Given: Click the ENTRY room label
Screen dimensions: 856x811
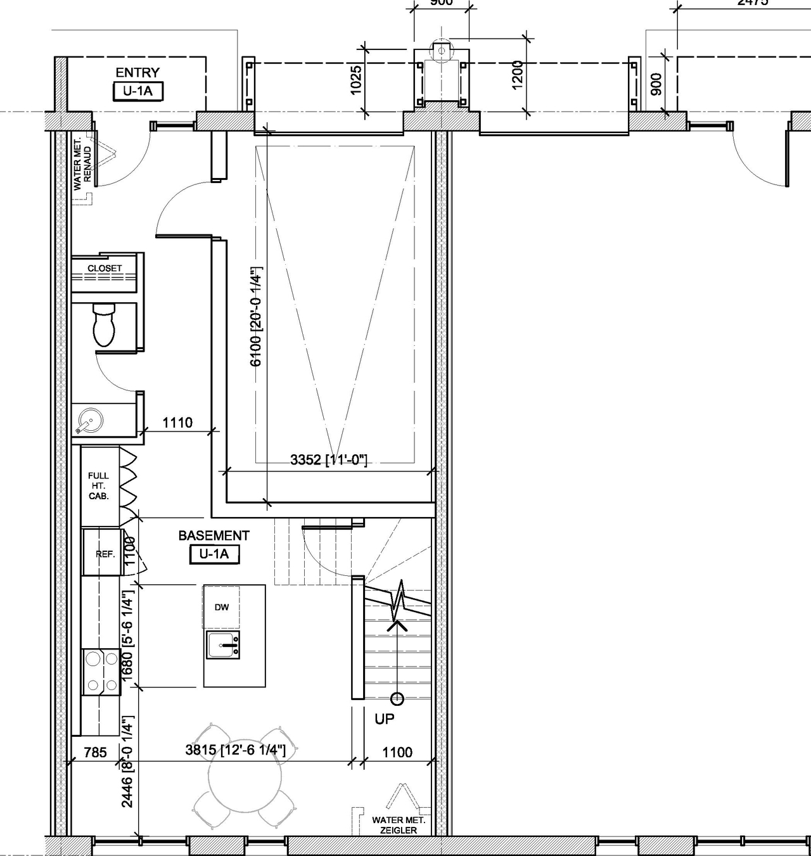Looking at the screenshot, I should (x=137, y=72).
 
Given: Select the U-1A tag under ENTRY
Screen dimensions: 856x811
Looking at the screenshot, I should (x=137, y=91).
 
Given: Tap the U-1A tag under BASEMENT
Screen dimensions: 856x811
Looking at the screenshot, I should (x=214, y=554).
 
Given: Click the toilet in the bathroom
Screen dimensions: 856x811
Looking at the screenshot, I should (x=104, y=324).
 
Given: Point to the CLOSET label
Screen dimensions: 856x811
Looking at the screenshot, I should (x=105, y=268).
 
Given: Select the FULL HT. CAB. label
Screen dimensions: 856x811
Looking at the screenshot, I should (x=99, y=485).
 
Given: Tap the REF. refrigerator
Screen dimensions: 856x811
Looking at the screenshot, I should (x=105, y=554).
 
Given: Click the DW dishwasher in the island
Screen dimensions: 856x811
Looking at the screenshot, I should (x=221, y=607).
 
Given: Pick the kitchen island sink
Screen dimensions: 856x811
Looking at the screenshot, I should (x=222, y=644).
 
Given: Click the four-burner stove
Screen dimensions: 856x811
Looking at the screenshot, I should (x=101, y=672).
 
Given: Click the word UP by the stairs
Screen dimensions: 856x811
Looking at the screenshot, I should (x=384, y=719).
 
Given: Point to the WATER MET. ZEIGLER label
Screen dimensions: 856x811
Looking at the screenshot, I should (x=399, y=825).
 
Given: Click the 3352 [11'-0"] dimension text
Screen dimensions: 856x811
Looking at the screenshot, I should (x=329, y=460).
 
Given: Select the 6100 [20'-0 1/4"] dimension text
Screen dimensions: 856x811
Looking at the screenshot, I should (x=257, y=316).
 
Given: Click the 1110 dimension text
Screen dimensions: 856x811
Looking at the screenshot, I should (x=177, y=422).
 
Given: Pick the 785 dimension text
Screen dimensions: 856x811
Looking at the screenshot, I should (x=96, y=752).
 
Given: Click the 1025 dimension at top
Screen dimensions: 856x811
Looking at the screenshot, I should (x=356, y=80).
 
